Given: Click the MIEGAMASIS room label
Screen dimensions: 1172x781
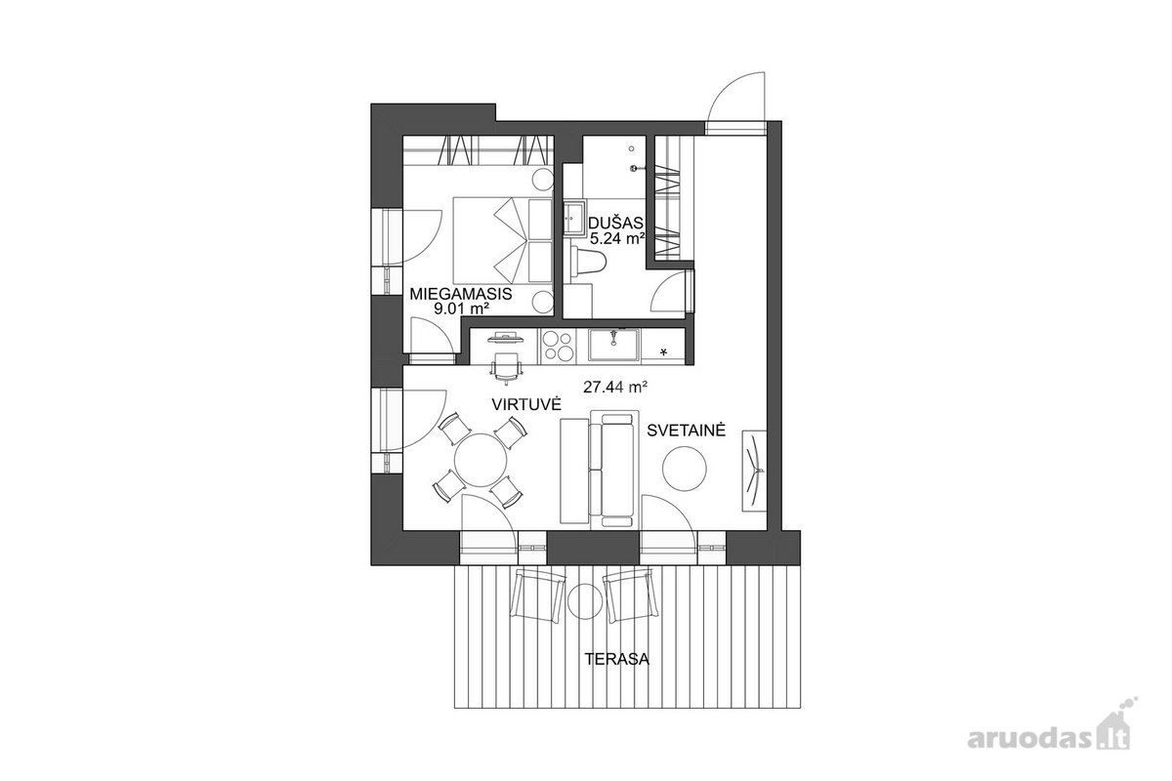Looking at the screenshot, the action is (460, 294).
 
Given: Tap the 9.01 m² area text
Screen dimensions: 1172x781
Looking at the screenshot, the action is (461, 308).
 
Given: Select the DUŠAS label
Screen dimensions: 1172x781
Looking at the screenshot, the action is (615, 224).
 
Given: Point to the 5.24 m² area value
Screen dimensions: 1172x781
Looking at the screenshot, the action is (617, 239).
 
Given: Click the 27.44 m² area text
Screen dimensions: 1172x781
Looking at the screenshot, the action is (616, 388).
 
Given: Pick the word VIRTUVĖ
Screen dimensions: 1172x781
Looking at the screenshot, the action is (526, 404).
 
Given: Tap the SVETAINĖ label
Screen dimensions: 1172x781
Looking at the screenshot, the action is (686, 431).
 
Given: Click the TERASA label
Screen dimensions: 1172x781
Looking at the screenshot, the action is (617, 659).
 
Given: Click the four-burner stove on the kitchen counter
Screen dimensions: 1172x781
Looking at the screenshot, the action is (558, 346).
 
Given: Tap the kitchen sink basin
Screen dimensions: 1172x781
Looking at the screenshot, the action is (613, 345).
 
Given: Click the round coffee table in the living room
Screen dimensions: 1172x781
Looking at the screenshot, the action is (685, 469).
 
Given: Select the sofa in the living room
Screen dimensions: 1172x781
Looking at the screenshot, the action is (613, 469).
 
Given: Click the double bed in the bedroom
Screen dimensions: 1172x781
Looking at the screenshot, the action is (502, 240).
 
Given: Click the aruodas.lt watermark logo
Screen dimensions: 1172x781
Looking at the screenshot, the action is (1049, 739).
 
